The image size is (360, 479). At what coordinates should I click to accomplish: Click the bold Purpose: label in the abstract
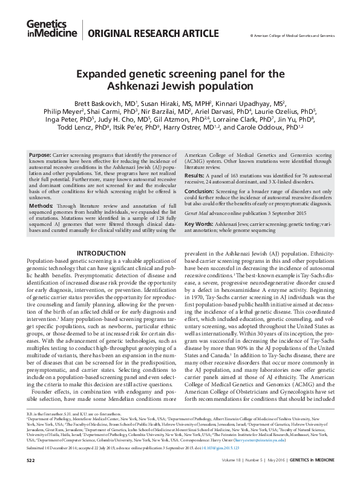(x=41, y=156)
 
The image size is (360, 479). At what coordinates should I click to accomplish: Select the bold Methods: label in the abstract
(x=41, y=206)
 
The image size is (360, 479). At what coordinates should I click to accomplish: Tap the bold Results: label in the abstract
(x=195, y=174)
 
